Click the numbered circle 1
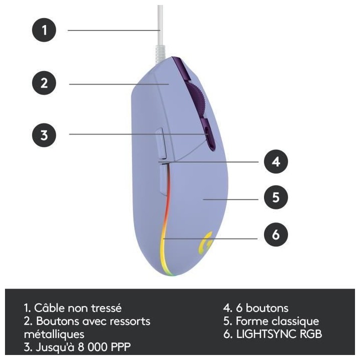pos(44,30)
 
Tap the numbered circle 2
pos(44,83)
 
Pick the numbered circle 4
pos(275,161)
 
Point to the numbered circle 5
pos(275,197)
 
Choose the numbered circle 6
pos(275,234)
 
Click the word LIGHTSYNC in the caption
pos(266,333)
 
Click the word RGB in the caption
pos(311,333)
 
